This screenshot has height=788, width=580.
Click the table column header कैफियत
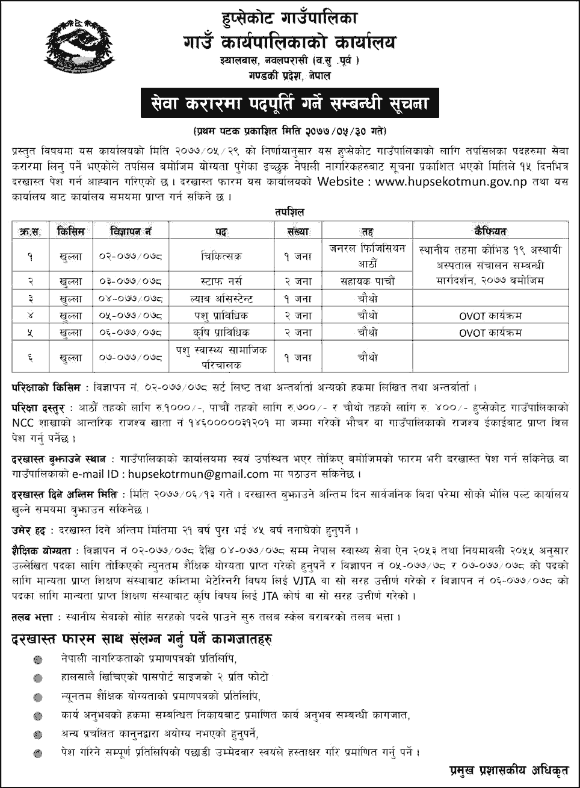coord(490,230)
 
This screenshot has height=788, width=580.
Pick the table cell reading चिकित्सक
coord(220,256)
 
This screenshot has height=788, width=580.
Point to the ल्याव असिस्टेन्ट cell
coord(220,297)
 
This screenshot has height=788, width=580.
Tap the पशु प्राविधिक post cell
coord(220,314)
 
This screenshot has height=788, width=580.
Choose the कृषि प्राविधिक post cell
coord(220,332)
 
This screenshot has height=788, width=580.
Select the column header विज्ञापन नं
coord(131,230)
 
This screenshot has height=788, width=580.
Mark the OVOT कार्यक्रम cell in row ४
coord(490,314)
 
